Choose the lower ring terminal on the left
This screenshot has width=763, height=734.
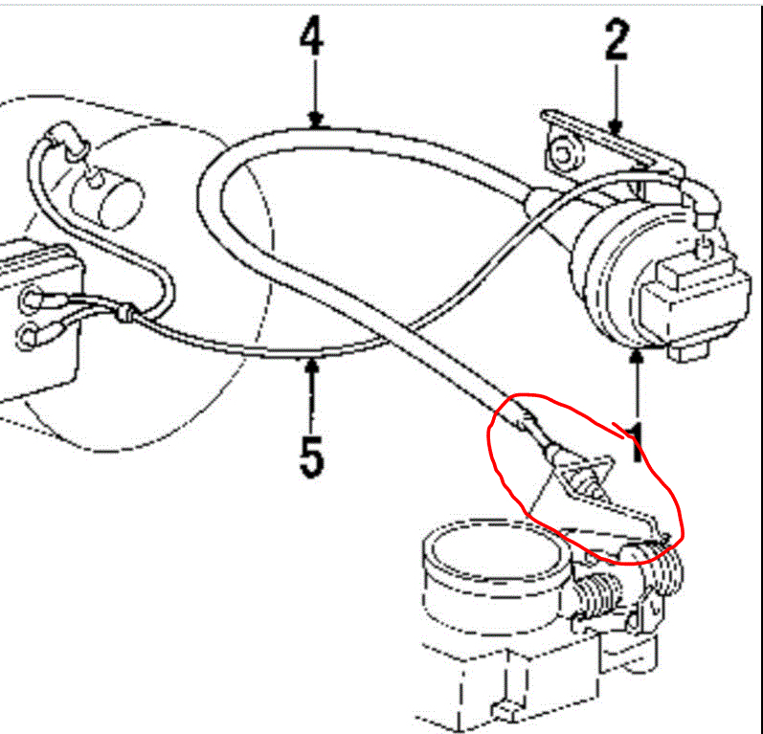pos(31,335)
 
